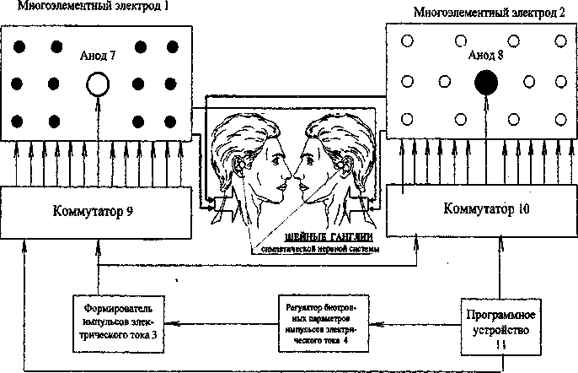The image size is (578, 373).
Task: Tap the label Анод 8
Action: [486, 56]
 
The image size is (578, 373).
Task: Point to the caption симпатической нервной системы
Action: [315, 251]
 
